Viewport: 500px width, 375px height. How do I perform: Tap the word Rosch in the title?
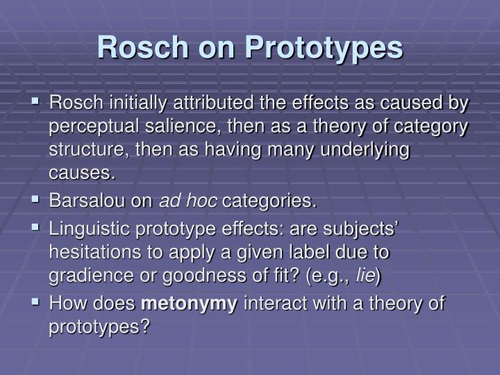142,47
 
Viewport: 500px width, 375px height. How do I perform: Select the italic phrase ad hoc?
189,201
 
